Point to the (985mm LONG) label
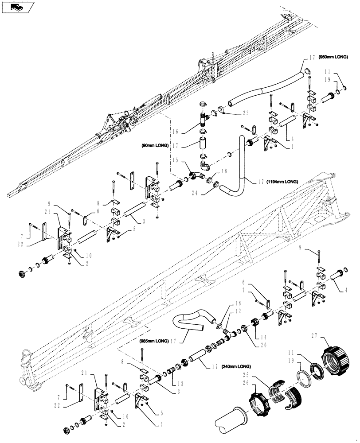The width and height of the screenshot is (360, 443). click(153, 341)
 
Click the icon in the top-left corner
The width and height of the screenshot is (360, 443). click(16, 7)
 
